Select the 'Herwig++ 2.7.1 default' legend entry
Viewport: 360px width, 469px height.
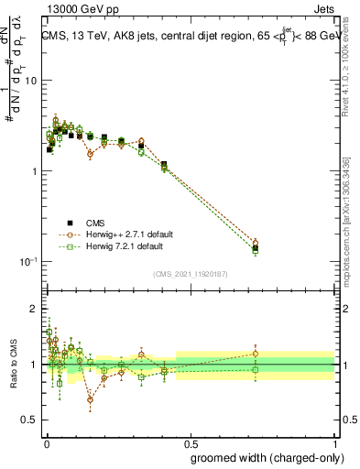[x=114, y=234]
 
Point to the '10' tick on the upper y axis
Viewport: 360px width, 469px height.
[x=29, y=81]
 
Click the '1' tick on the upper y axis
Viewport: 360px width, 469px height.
[x=33, y=171]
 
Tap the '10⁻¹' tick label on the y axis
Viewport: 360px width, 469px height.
[x=27, y=262]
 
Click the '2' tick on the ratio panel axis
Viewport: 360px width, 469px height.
[x=33, y=309]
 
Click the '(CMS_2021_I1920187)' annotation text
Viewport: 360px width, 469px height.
[x=191, y=272]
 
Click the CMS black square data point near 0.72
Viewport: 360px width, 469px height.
[x=256, y=248]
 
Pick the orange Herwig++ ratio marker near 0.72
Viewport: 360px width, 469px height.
[x=256, y=354]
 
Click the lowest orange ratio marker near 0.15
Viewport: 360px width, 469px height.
[x=90, y=399]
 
